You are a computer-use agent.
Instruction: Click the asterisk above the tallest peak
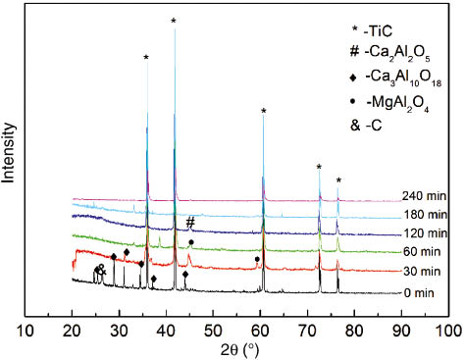174,22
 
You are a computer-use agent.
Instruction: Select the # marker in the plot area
190,222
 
